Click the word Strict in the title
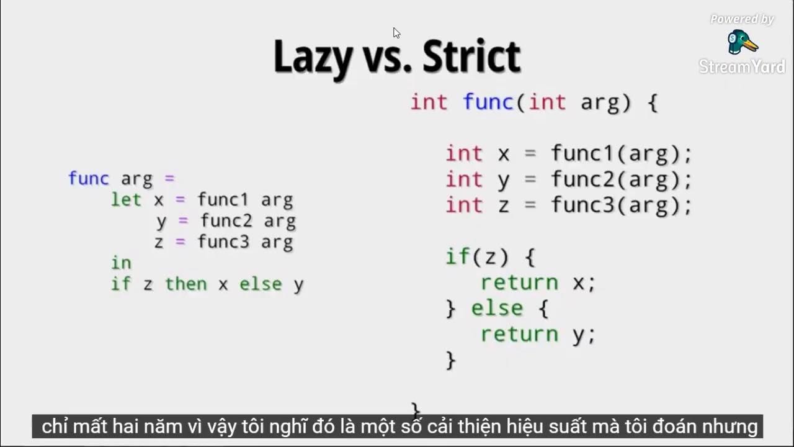(x=471, y=57)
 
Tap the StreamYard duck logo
(x=742, y=42)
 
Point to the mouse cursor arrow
(x=396, y=33)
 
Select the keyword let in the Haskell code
(x=127, y=200)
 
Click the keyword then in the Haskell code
(x=185, y=284)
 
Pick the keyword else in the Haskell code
(x=261, y=284)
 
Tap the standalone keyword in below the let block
(x=121, y=263)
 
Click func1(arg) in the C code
(x=621, y=153)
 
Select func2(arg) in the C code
(x=621, y=179)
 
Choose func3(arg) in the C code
(x=621, y=205)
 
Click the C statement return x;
(x=538, y=283)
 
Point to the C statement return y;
(x=538, y=335)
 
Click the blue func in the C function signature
(x=488, y=102)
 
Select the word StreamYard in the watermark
(x=742, y=66)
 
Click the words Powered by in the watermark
(x=742, y=19)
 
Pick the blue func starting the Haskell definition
(x=88, y=179)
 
